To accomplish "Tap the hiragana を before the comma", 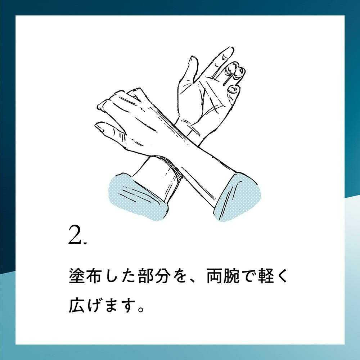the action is [x=180, y=276].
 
